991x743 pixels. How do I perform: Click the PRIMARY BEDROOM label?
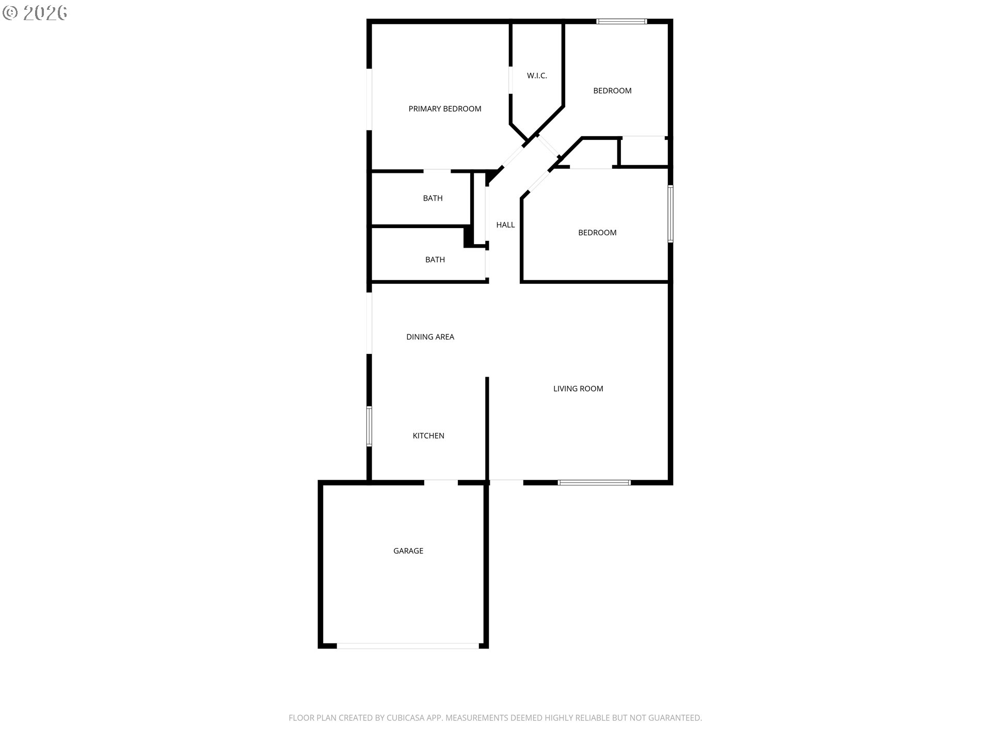tap(445, 109)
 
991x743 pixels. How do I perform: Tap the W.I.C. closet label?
tap(537, 76)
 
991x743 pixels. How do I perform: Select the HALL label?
tap(505, 225)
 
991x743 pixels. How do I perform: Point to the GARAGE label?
tap(408, 551)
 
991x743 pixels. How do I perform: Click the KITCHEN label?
tap(428, 436)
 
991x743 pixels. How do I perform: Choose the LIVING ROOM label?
tap(578, 389)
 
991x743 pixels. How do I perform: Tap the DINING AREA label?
tap(430, 337)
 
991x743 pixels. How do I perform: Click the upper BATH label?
tap(433, 198)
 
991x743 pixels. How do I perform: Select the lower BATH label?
tap(435, 260)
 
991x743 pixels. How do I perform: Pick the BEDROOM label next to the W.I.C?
tap(612, 91)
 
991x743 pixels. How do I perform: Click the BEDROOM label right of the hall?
tap(597, 233)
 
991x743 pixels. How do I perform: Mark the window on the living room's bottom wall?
tap(594, 483)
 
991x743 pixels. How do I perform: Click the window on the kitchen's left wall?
tap(369, 426)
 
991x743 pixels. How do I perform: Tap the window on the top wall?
tap(621, 22)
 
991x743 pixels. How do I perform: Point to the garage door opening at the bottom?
tap(408, 646)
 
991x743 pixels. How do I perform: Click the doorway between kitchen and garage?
tap(441, 483)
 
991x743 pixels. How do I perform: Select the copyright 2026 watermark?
tap(35, 13)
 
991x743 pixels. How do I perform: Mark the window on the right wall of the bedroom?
tap(670, 214)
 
